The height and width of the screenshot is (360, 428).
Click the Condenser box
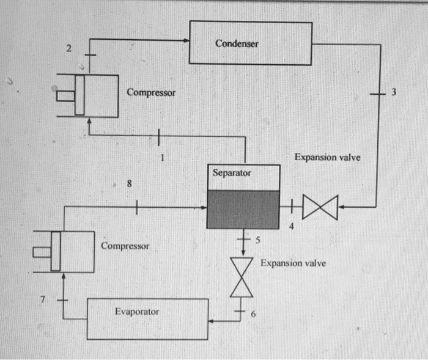click(250, 43)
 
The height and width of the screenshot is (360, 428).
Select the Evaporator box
click(148, 318)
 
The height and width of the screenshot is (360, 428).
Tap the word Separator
click(232, 173)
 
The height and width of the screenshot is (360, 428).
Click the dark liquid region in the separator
click(243, 209)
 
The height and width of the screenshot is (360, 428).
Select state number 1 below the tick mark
click(162, 156)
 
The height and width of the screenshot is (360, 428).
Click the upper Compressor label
click(151, 93)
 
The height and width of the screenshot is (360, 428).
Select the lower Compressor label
click(125, 246)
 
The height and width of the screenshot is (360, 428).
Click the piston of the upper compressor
click(79, 95)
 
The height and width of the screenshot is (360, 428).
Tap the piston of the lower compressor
click(56, 251)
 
